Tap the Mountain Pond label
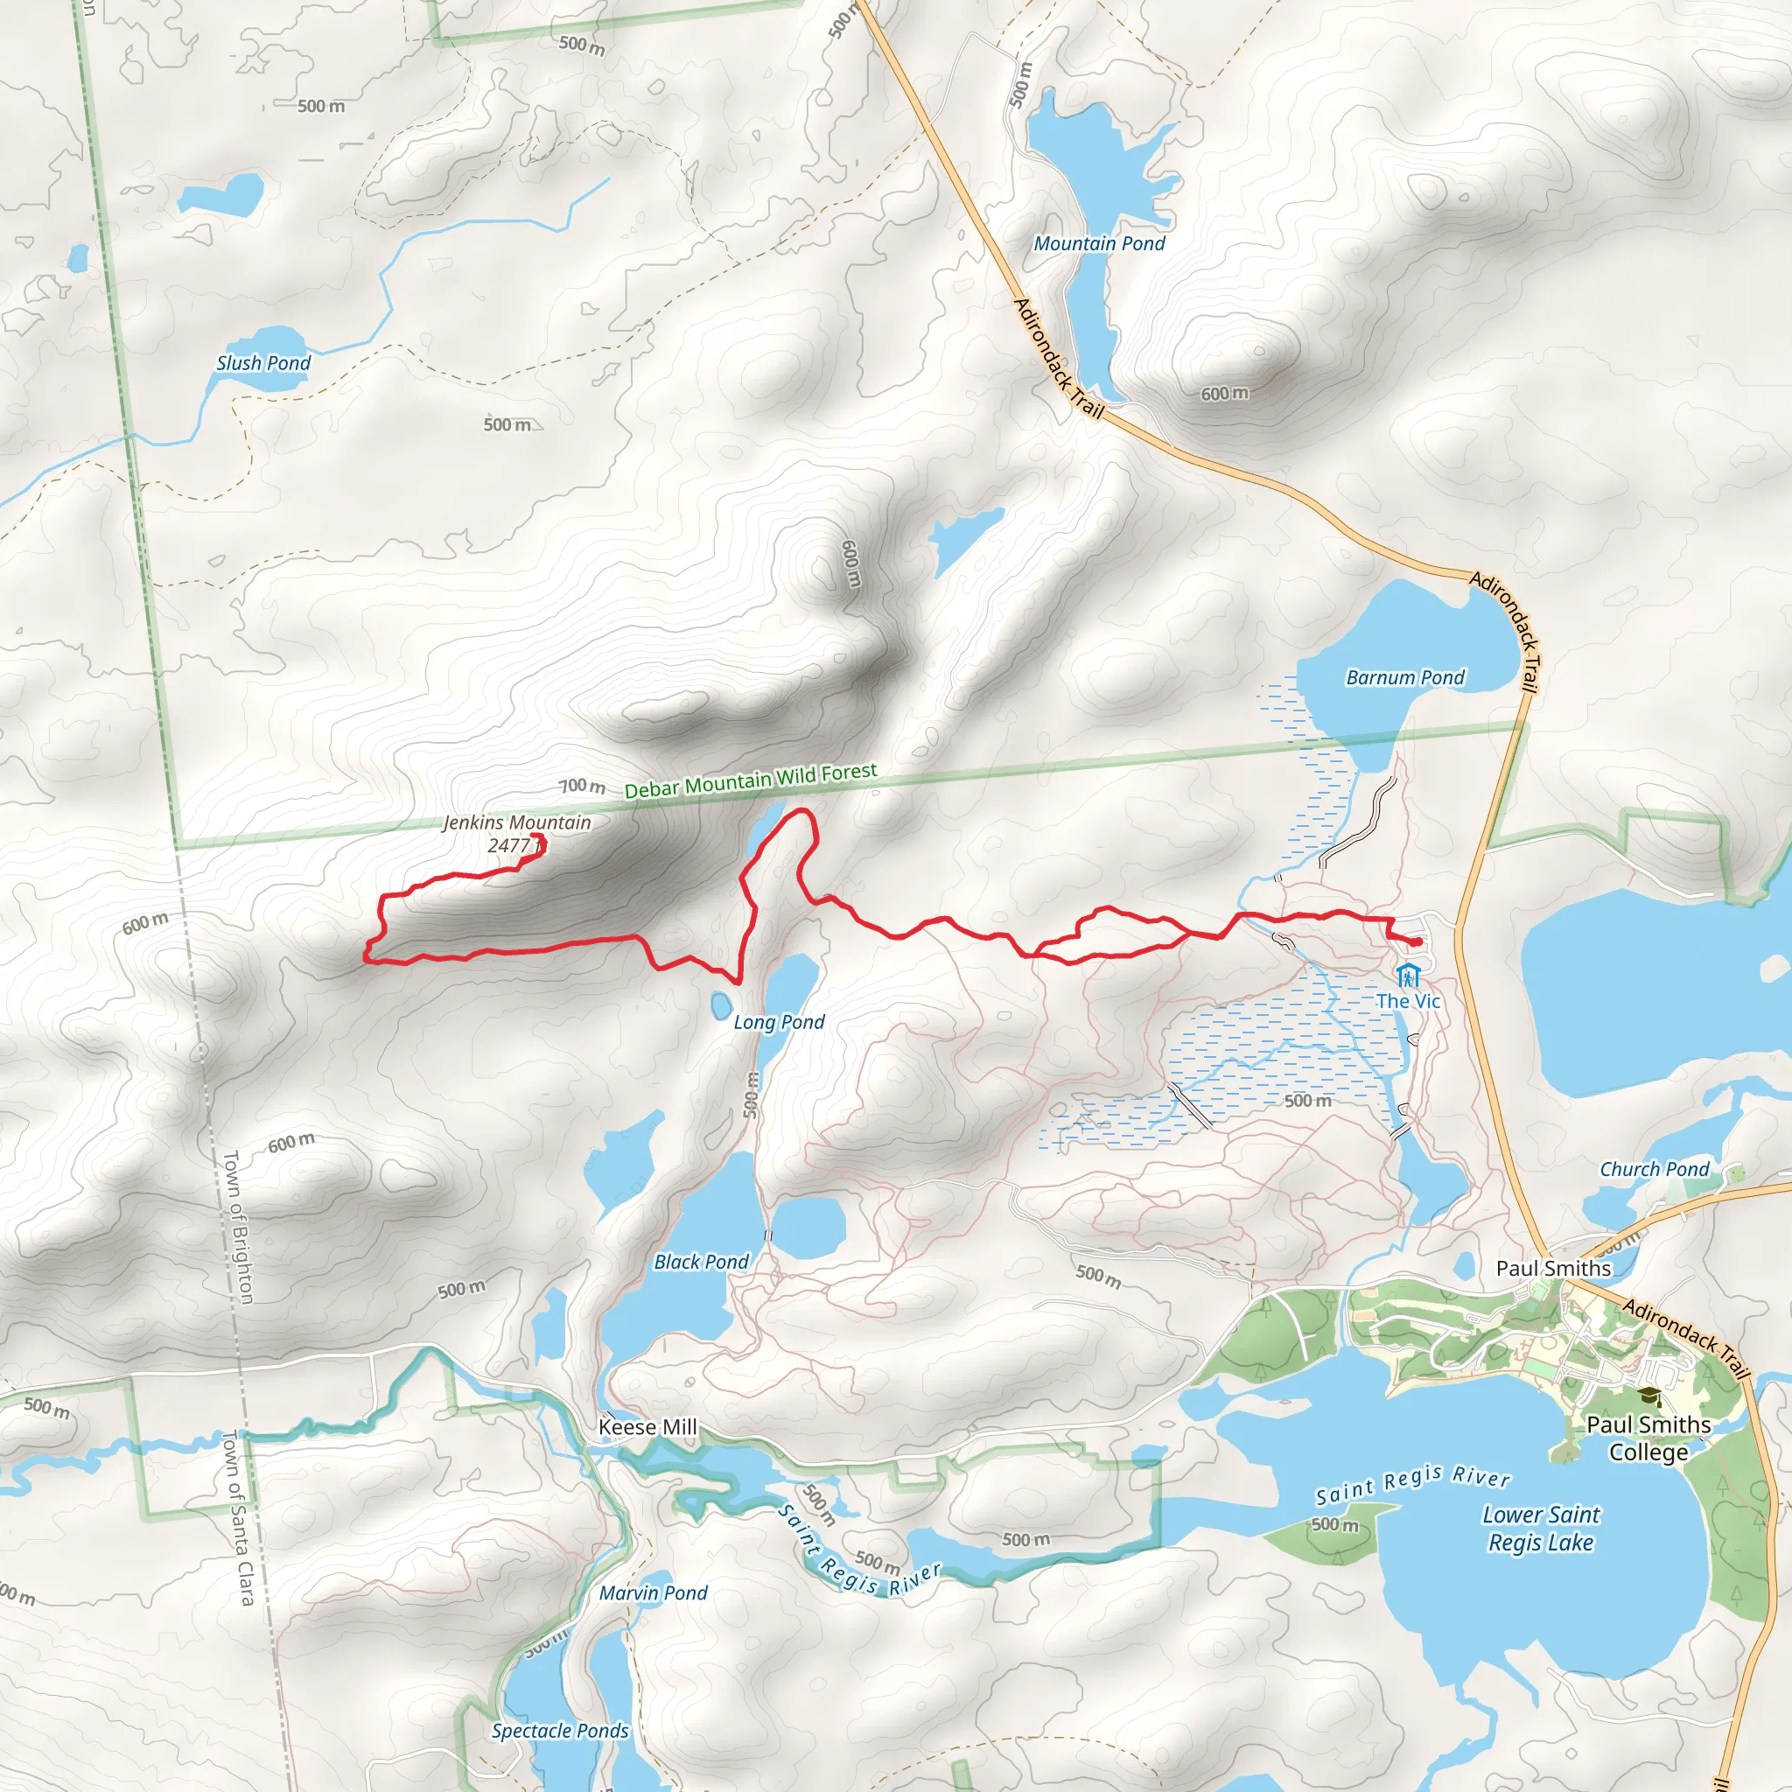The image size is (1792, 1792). (1099, 243)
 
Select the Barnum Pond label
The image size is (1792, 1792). (1404, 677)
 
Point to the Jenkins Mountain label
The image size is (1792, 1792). (516, 822)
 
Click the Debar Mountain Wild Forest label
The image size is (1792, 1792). (751, 781)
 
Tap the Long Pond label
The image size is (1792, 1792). (778, 1021)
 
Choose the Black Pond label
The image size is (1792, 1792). (701, 1262)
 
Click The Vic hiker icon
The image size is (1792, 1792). (1408, 976)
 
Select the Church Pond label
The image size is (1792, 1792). (1654, 1169)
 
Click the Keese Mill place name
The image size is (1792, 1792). (647, 1426)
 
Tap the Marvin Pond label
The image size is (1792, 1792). (653, 1592)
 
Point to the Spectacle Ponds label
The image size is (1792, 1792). (560, 1731)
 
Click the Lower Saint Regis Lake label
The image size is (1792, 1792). (1541, 1529)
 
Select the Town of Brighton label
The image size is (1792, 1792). (237, 1226)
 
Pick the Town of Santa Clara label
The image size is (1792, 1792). (238, 1517)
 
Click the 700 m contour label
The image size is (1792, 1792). (582, 786)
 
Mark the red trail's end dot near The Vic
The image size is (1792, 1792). (1417, 942)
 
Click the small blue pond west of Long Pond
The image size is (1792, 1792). (719, 1005)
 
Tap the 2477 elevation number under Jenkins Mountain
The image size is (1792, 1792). (509, 845)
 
